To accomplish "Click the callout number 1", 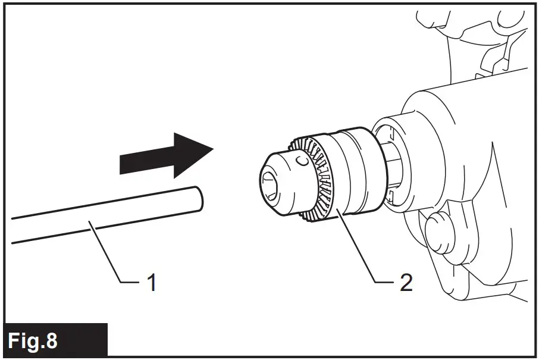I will coord(152,281).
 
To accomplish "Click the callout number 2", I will coord(406,282).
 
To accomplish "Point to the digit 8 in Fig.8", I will coord(52,341).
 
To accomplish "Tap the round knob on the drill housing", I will coord(437,228).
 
